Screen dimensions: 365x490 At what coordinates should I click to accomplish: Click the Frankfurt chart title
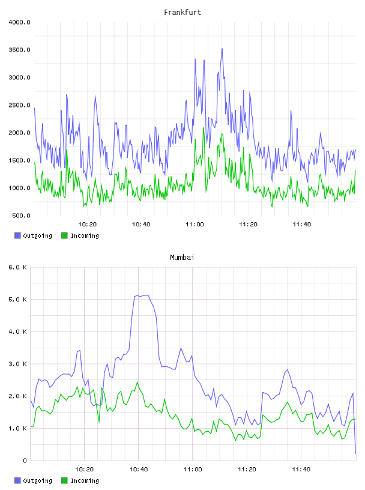click(x=182, y=13)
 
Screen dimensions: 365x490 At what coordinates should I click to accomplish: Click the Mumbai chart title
click(x=182, y=258)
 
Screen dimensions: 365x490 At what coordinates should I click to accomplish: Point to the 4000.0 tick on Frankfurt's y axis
click(x=19, y=22)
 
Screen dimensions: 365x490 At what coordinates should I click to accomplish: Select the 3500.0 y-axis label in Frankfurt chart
click(x=19, y=50)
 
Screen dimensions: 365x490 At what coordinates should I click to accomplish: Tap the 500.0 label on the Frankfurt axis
click(x=21, y=216)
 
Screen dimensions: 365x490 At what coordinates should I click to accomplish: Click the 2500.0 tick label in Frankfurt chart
click(x=19, y=105)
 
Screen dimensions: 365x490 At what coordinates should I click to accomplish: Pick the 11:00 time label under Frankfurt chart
click(x=195, y=225)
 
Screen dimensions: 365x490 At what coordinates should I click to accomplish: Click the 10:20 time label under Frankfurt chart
click(x=88, y=225)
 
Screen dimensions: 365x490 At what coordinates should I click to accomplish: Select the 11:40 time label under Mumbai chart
click(x=301, y=470)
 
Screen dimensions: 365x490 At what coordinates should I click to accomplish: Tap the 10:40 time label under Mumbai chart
click(x=139, y=470)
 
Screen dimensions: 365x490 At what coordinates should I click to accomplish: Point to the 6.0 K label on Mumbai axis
click(x=18, y=267)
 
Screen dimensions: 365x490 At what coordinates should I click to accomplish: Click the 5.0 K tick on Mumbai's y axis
click(x=18, y=300)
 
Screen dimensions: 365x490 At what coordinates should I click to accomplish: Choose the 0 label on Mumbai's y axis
click(x=25, y=461)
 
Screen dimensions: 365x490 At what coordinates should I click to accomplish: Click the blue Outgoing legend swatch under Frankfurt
click(x=17, y=235)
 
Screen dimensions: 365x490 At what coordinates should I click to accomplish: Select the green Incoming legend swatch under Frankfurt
click(x=64, y=235)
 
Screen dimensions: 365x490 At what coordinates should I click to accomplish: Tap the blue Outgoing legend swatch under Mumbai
click(x=17, y=480)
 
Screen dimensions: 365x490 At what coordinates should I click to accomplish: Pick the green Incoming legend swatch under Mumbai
click(x=64, y=480)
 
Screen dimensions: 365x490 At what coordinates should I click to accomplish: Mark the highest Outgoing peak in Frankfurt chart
click(x=222, y=49)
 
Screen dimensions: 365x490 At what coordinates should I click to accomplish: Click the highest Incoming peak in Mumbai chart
click(x=137, y=382)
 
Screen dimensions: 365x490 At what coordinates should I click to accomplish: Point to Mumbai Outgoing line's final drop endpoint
click(x=355, y=453)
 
